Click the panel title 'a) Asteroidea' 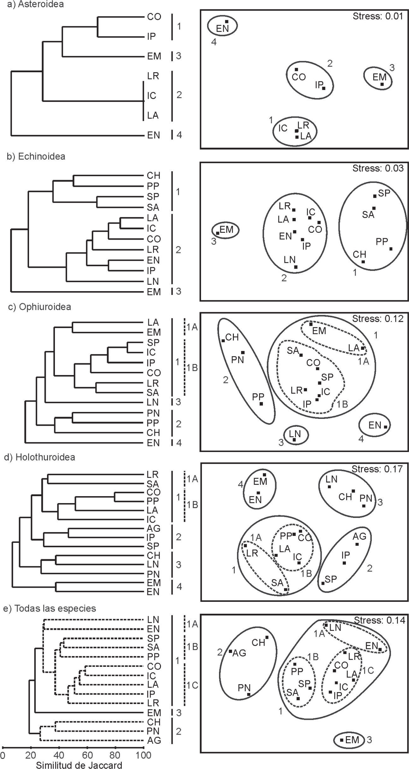[35, 4]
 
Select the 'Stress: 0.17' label [377, 469]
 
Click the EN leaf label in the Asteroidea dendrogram [153, 135]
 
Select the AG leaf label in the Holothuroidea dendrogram [153, 528]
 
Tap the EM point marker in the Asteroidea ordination [382, 84]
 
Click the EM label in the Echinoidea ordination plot [226, 229]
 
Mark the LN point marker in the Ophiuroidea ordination [294, 439]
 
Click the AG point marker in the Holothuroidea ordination [357, 544]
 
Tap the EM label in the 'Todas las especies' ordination [352, 740]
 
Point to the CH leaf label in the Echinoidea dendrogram [153, 175]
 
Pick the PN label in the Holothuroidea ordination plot [366, 498]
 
